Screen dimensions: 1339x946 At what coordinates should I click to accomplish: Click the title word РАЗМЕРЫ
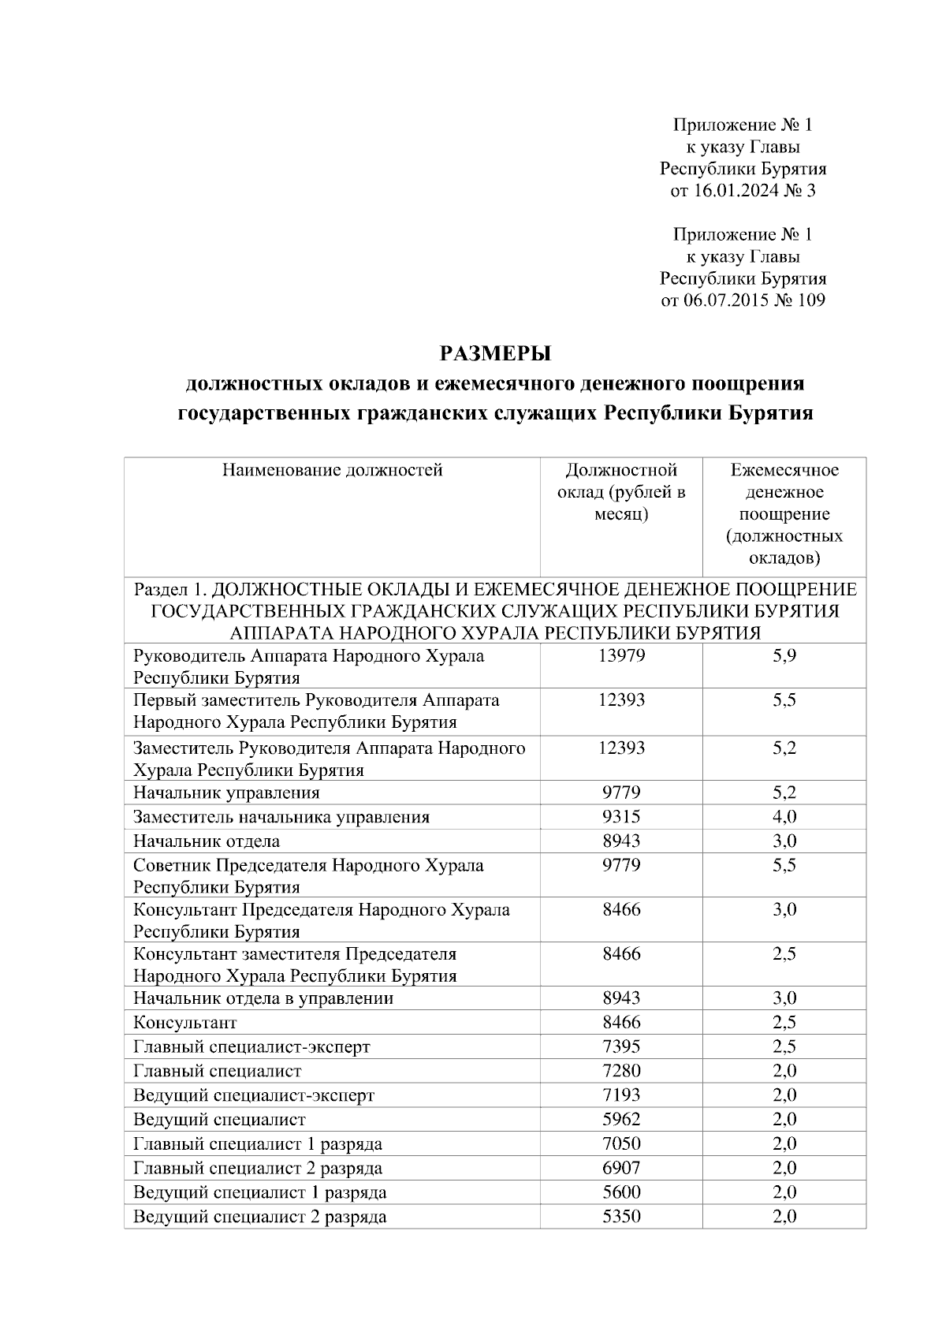[494, 352]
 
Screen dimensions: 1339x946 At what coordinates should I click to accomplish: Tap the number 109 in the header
[811, 300]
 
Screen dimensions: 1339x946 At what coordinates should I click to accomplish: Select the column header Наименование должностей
[332, 471]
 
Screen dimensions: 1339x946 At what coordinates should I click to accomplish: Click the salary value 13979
[621, 655]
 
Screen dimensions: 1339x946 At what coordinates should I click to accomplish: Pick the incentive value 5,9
[784, 655]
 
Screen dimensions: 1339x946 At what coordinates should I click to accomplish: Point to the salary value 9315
[621, 816]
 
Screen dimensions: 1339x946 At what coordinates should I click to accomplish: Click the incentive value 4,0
[784, 816]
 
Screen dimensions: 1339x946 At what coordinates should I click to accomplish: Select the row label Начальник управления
[226, 793]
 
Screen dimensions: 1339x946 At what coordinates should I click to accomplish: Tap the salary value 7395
[621, 1046]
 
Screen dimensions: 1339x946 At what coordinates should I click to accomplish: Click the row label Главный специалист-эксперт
[251, 1046]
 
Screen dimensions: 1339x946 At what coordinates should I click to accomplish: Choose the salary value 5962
[621, 1119]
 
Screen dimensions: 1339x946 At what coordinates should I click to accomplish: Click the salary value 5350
[621, 1216]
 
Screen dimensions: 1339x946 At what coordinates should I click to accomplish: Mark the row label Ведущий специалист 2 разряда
[259, 1216]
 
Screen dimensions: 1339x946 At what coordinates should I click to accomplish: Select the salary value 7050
[621, 1143]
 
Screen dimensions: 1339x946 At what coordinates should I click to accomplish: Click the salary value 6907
[621, 1167]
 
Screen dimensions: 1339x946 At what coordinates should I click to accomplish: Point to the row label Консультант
[184, 1023]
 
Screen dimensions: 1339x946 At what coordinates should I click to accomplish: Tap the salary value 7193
[621, 1095]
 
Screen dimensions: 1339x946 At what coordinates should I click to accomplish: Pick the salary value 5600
[621, 1192]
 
